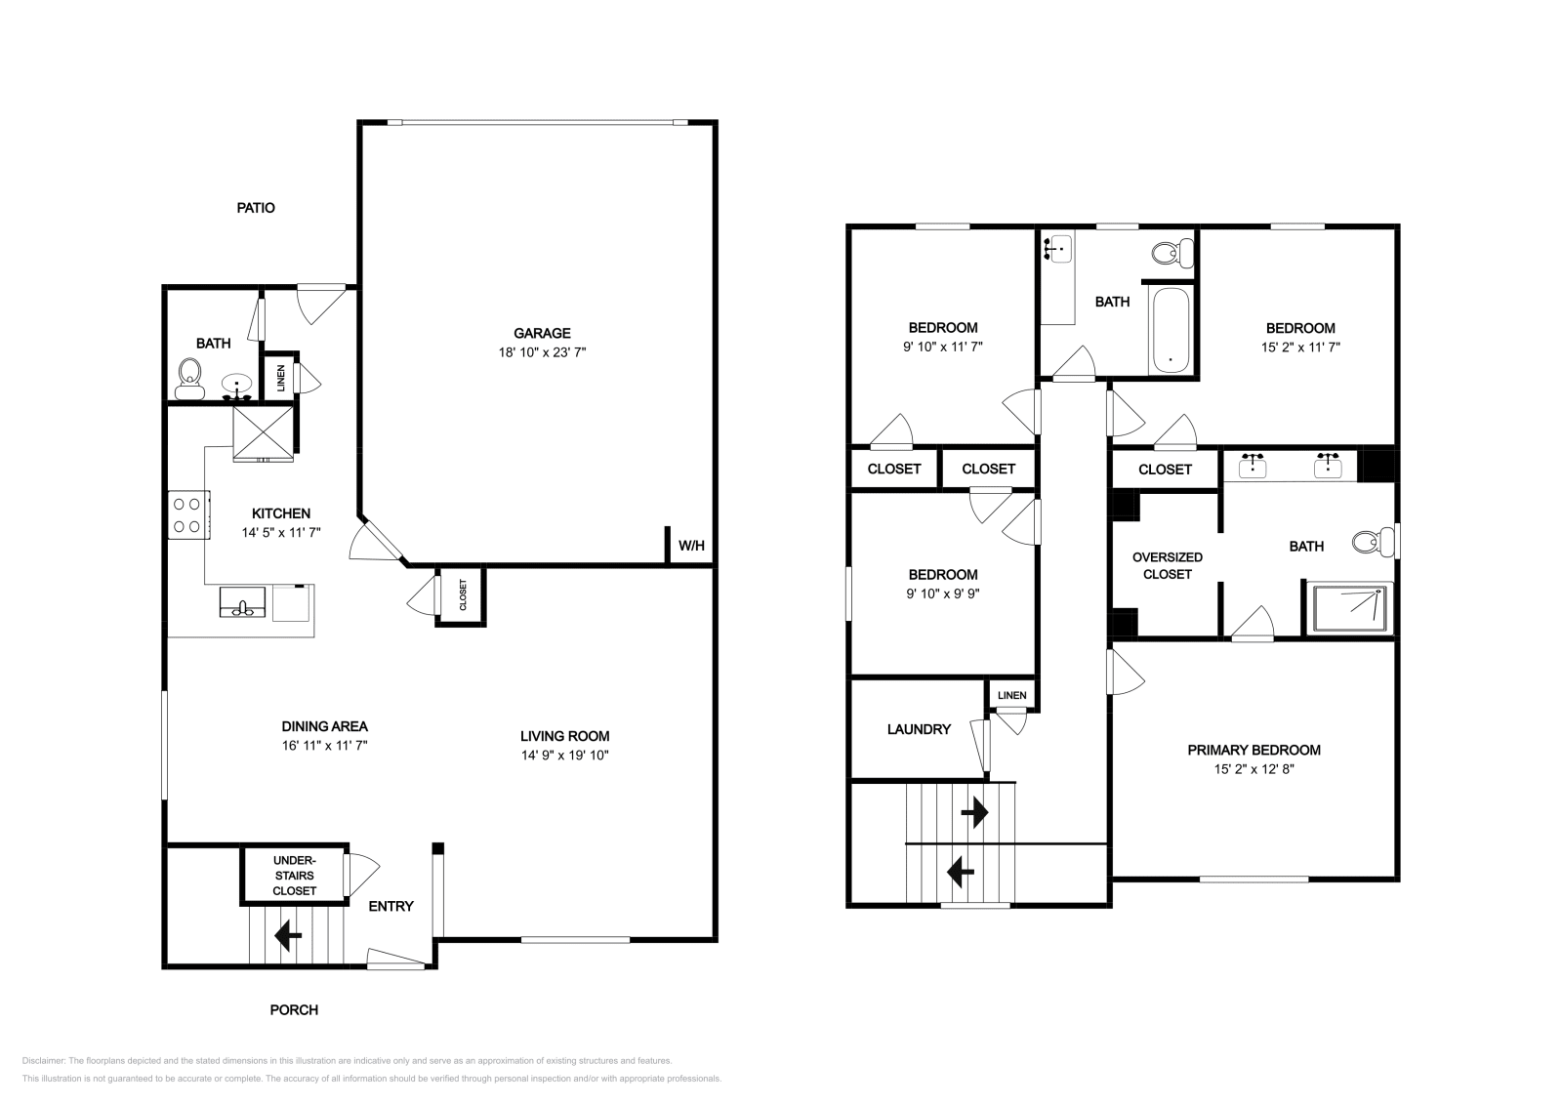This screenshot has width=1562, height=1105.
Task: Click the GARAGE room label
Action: pyautogui.click(x=542, y=333)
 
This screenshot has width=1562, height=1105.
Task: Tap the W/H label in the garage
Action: pyautogui.click(x=691, y=546)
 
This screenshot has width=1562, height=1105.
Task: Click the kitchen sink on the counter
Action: pyautogui.click(x=242, y=601)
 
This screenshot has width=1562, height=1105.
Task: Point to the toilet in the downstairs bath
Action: pyautogui.click(x=189, y=377)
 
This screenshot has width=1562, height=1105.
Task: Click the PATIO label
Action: pyautogui.click(x=256, y=208)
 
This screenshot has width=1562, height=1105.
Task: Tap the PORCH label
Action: pyautogui.click(x=294, y=1009)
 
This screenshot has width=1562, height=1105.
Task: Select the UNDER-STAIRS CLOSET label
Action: pyautogui.click(x=294, y=876)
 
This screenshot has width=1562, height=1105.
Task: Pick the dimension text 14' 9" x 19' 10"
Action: pyautogui.click(x=564, y=755)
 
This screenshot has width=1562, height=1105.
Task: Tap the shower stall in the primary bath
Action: pyautogui.click(x=1350, y=607)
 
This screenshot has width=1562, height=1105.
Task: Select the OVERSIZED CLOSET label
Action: pyautogui.click(x=1168, y=565)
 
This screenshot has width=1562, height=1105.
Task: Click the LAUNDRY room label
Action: pyautogui.click(x=919, y=729)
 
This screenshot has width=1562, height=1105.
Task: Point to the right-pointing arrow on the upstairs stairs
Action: pyautogui.click(x=974, y=812)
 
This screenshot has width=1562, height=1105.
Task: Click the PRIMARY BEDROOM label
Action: pyautogui.click(x=1254, y=750)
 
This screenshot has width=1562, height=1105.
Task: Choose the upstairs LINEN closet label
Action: pyautogui.click(x=1012, y=695)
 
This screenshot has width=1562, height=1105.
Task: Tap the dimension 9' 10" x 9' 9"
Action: pyautogui.click(x=942, y=593)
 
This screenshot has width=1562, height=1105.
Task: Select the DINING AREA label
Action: pyautogui.click(x=324, y=726)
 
